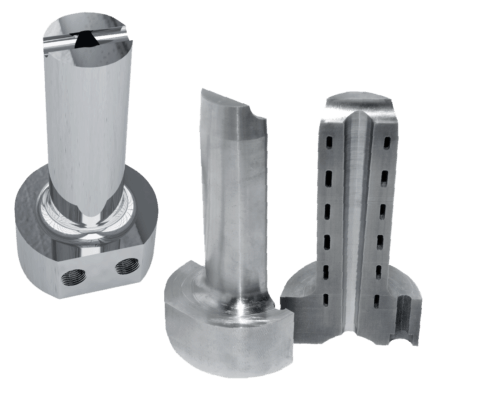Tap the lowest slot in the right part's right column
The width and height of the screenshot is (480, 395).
[x=374, y=298]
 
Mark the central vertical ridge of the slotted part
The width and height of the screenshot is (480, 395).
[x=356, y=220]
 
